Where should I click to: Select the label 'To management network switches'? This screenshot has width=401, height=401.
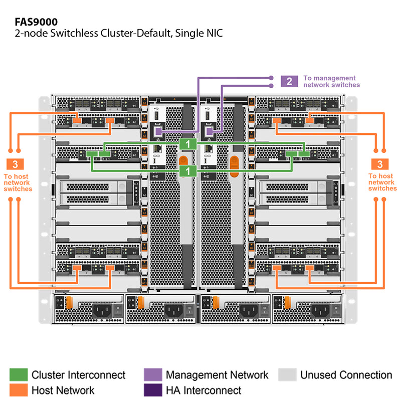[331, 81]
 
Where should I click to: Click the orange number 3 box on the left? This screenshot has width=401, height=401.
[15, 164]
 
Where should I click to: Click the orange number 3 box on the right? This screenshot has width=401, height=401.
[379, 164]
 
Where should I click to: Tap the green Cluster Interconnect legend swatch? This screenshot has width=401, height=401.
[19, 375]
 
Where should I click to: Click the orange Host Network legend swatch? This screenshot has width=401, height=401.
[19, 390]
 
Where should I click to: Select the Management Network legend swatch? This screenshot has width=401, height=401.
[152, 375]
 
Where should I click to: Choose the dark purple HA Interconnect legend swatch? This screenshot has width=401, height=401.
[152, 390]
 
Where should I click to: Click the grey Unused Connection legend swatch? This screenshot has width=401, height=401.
[287, 375]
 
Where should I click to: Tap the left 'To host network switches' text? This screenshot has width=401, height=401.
[18, 182]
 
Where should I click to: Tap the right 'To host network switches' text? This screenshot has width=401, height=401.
[382, 182]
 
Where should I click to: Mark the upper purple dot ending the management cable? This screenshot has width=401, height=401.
[271, 78]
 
